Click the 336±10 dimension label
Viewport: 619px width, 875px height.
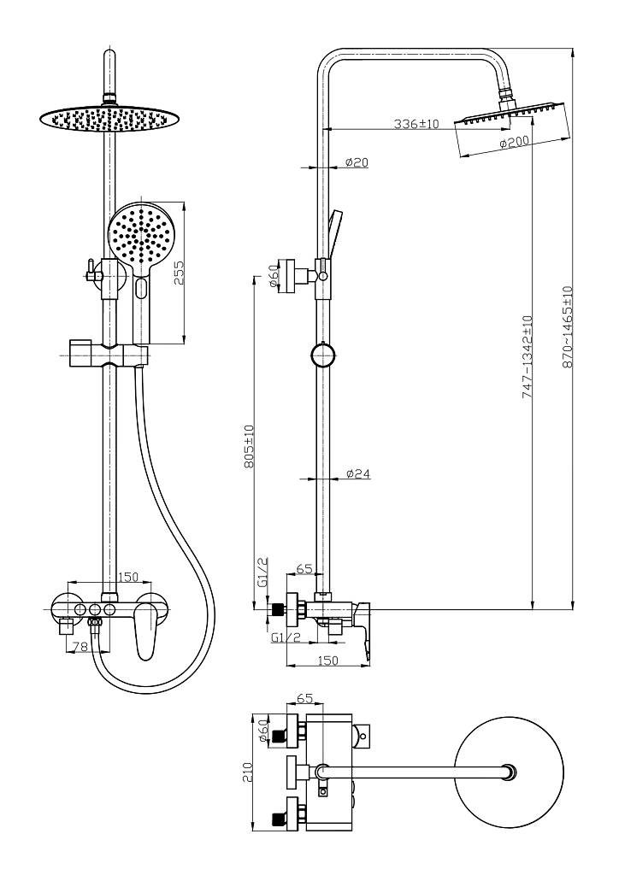click(416, 124)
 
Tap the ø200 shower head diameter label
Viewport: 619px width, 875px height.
click(514, 143)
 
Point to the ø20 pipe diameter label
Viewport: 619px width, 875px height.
click(357, 162)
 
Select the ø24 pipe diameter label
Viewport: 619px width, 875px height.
click(357, 473)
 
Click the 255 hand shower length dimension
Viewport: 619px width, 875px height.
click(179, 273)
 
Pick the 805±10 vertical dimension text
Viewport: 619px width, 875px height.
click(249, 446)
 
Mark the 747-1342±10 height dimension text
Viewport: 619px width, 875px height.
click(527, 357)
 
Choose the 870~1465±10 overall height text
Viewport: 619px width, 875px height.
click(568, 327)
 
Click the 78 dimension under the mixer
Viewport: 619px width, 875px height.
click(81, 646)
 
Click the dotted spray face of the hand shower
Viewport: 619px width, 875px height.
click(141, 238)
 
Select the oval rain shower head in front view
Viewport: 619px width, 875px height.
click(110, 118)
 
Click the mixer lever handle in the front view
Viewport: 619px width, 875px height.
click(146, 627)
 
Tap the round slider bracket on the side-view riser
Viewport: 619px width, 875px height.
click(322, 355)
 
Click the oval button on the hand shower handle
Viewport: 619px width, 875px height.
click(141, 288)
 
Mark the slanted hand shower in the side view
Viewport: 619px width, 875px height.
click(335, 234)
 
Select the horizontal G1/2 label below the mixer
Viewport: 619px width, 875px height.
click(286, 637)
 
